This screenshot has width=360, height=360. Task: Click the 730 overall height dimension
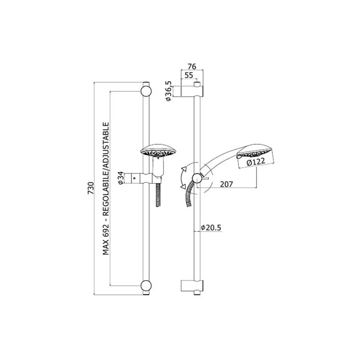(91, 188)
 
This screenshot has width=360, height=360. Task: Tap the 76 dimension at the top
(192, 67)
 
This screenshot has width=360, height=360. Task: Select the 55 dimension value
(189, 75)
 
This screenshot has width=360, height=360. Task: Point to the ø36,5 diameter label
(169, 91)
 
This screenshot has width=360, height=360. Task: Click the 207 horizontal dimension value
(226, 184)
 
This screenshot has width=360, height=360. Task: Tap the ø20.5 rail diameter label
(211, 228)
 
